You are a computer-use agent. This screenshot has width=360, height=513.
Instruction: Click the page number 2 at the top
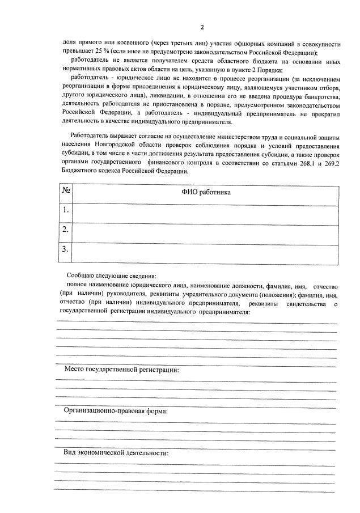201,27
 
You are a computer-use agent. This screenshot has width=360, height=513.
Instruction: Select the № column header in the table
66,192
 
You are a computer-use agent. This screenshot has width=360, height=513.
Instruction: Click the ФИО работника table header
205,192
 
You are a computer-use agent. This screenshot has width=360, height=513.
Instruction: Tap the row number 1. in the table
66,210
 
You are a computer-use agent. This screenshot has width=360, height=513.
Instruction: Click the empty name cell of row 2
205,230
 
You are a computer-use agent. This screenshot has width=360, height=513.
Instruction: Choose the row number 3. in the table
66,249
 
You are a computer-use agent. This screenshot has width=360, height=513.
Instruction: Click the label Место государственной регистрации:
121,370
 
